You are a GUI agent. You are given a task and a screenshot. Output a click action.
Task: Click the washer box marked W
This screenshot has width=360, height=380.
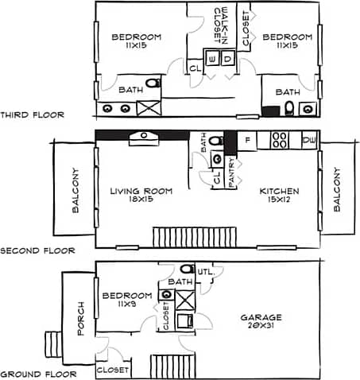212,59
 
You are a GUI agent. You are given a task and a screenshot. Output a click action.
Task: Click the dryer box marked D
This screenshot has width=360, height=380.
227,59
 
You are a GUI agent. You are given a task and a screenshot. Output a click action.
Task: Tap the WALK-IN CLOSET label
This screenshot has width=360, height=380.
221,26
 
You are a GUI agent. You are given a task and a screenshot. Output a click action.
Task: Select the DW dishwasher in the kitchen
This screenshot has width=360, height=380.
308,141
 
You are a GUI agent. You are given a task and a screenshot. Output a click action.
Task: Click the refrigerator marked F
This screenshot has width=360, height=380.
248,141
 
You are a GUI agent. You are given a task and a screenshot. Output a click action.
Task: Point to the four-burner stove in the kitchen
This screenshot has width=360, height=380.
279,141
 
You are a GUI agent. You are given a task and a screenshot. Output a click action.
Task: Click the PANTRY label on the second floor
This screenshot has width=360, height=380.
231,173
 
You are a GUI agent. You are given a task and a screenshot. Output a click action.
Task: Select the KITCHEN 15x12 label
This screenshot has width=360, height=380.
279,196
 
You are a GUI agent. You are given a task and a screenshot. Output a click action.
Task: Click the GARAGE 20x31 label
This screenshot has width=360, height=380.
263,322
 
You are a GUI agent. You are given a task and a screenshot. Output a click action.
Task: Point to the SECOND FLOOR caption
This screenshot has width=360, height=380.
37,250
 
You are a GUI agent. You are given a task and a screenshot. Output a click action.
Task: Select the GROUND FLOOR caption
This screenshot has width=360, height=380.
37,374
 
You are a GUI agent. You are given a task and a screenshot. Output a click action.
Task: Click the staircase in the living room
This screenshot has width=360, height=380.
195,237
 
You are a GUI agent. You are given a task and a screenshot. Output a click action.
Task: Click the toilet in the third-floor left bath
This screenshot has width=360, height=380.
153,83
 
